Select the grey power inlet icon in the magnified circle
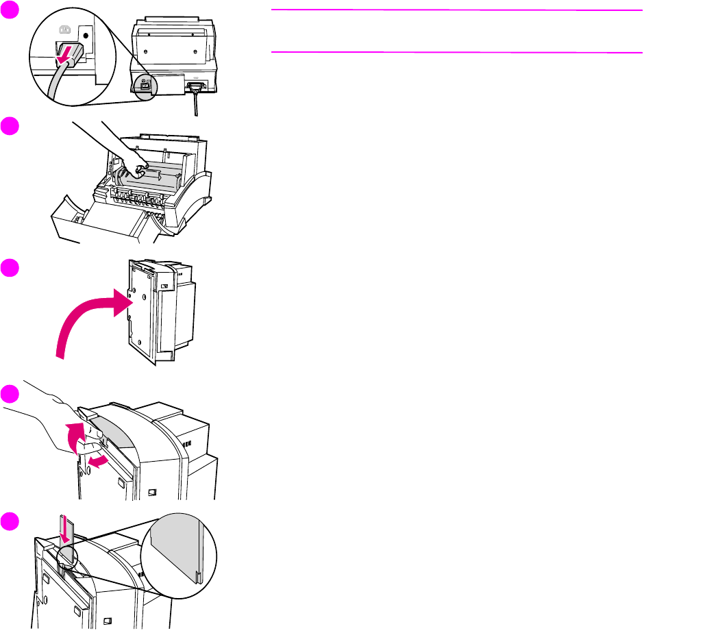pos(66,29)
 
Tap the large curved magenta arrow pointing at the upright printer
pos(89,322)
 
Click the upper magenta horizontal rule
pos(457,11)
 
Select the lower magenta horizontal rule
pos(457,52)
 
